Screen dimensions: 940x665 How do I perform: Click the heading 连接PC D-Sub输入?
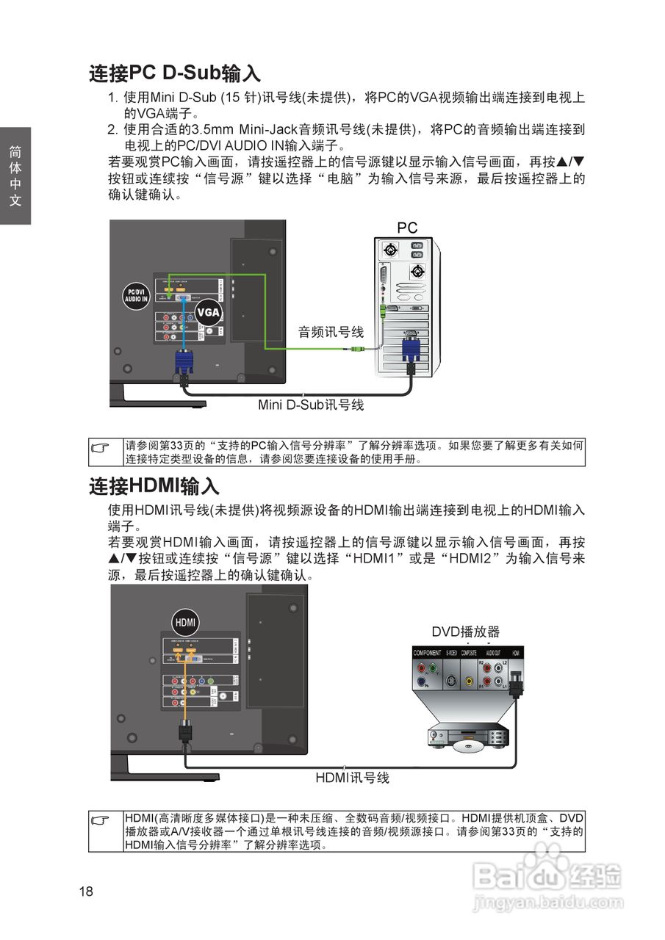click(x=175, y=73)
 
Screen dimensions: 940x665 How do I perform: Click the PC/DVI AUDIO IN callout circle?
click(x=136, y=295)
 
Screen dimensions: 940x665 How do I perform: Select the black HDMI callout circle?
click(x=185, y=623)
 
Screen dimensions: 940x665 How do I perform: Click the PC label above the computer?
click(x=407, y=228)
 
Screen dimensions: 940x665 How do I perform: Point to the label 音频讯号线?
click(x=331, y=332)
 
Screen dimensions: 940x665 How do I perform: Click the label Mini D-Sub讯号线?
click(x=311, y=405)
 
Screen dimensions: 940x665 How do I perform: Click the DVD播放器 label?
click(x=465, y=632)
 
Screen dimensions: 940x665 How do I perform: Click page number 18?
click(x=87, y=892)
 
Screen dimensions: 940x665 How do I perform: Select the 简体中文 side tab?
click(x=15, y=176)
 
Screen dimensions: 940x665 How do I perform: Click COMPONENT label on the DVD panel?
click(x=428, y=653)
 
